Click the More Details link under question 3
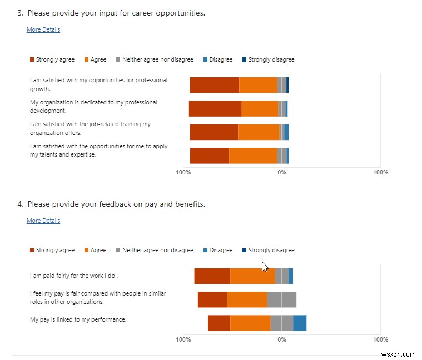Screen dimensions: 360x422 tap(43, 29)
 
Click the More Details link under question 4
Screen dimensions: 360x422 tap(43, 221)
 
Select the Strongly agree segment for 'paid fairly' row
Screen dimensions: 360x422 tap(212, 276)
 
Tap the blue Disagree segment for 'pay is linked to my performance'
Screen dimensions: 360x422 tap(300, 323)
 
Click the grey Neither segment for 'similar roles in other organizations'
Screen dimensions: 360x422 tap(281, 299)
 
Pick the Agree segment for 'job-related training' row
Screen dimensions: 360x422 tap(259, 132)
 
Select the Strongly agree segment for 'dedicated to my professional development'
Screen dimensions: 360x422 tap(215, 108)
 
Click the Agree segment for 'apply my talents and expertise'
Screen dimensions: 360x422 tap(253, 156)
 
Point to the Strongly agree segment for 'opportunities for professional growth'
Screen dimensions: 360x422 tap(215, 85)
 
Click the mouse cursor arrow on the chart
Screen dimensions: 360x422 tap(265, 266)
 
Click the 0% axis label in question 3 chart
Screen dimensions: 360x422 tap(282, 172)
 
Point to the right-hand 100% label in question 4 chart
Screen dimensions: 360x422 tap(380, 339)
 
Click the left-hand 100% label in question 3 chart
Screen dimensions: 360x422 tap(183, 172)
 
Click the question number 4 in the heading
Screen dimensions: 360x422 tap(20, 204)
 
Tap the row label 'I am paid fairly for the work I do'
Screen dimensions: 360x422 tap(74, 275)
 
